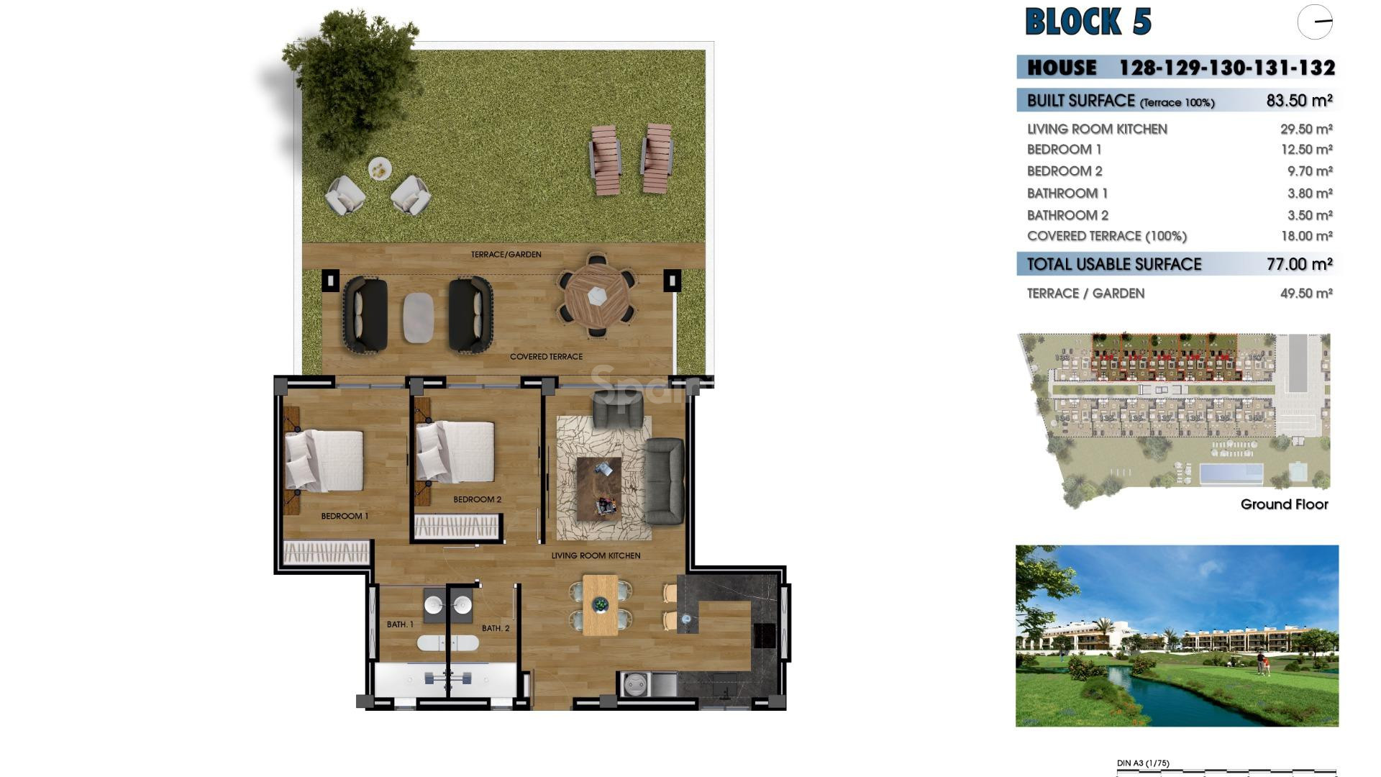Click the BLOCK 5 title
coord(1088,22)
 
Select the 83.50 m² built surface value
coord(1299,101)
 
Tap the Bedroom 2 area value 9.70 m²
coord(1309,171)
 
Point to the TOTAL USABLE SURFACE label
coord(1113,264)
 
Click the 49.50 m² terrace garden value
coord(1306,294)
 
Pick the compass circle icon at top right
coord(1315,22)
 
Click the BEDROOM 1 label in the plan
coord(345,516)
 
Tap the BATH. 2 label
coord(496,628)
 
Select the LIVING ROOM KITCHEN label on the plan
coord(596,555)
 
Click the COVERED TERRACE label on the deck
coord(546,357)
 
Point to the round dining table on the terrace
coord(597,295)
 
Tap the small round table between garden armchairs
coord(380,169)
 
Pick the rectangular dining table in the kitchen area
coord(600,604)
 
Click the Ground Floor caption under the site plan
coord(1284,504)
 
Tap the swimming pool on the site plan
coord(1231,473)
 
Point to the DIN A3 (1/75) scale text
coord(1143,763)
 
